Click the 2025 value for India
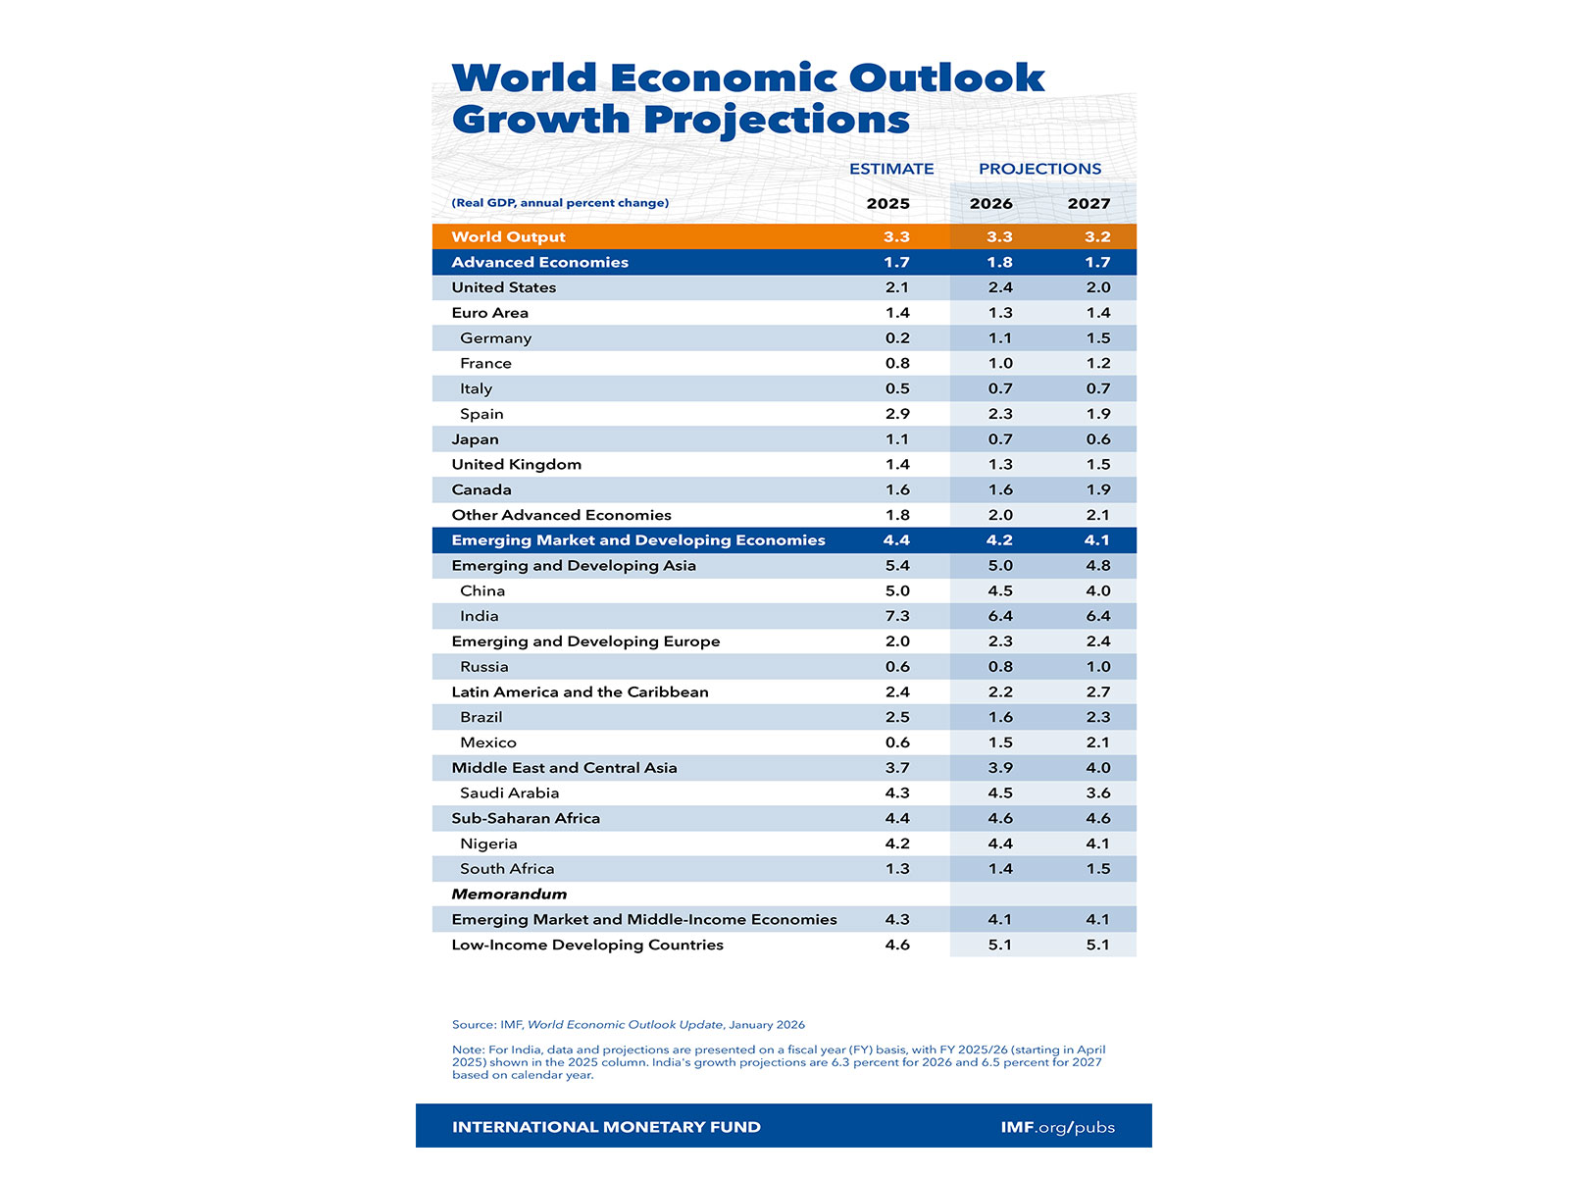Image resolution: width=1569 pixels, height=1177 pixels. click(897, 616)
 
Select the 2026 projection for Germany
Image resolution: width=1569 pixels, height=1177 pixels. click(1000, 338)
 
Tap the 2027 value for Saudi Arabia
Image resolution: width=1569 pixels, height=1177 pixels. click(1098, 793)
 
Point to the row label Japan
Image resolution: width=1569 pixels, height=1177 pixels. click(475, 439)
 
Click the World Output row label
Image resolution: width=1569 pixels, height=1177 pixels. click(508, 236)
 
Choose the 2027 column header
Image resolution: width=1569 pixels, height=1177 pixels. click(1088, 204)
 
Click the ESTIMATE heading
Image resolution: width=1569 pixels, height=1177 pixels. click(891, 169)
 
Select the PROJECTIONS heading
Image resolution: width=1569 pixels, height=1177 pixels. click(1039, 169)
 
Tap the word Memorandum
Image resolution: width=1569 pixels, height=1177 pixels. click(509, 895)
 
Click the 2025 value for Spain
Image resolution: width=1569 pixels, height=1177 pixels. click(897, 414)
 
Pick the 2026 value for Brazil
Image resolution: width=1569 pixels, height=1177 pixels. click(1000, 717)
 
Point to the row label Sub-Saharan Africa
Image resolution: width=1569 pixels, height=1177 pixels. click(526, 818)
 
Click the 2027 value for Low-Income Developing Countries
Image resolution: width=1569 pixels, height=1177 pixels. click(1098, 945)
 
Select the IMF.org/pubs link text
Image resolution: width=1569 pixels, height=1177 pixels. click(1057, 1127)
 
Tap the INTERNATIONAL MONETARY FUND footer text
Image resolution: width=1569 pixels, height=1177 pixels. click(606, 1127)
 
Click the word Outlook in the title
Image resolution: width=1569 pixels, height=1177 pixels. click(946, 78)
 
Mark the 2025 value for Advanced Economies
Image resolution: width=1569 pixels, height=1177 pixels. click(897, 262)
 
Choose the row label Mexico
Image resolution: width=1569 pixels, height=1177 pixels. click(488, 742)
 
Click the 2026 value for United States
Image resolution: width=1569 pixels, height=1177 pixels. click(1000, 287)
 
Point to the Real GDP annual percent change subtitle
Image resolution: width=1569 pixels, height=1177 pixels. click(560, 203)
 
